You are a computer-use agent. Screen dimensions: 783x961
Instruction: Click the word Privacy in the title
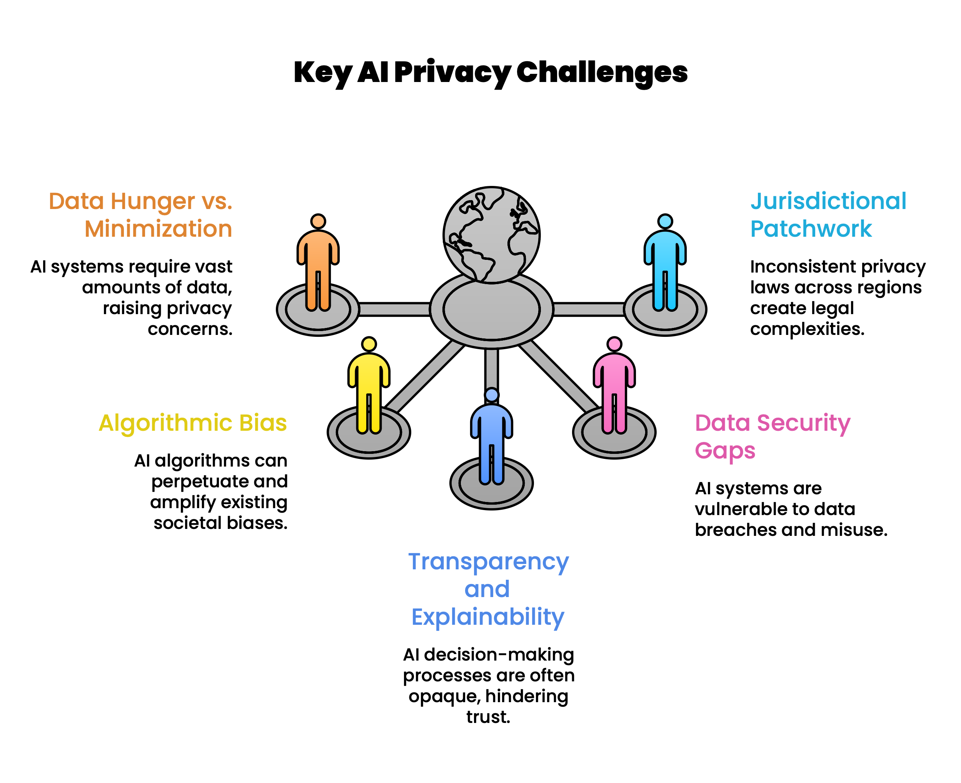click(x=452, y=72)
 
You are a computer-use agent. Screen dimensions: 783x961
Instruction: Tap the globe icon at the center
click(x=491, y=235)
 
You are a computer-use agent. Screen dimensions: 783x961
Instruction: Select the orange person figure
click(x=318, y=266)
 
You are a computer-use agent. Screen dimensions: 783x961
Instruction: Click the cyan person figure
click(x=665, y=266)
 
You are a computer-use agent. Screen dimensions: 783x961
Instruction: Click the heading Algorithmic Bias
click(x=192, y=423)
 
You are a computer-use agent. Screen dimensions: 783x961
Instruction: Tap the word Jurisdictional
click(x=828, y=201)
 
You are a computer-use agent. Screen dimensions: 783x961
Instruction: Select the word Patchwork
click(x=811, y=229)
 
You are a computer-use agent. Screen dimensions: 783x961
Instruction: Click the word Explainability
click(x=488, y=617)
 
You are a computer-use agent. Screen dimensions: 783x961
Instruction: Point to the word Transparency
click(x=488, y=562)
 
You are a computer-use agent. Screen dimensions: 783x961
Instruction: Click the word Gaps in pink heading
click(x=725, y=450)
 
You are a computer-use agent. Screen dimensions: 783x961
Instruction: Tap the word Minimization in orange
click(x=158, y=229)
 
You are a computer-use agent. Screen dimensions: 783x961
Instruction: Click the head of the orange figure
click(x=318, y=221)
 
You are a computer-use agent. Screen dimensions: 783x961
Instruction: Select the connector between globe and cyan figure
click(x=588, y=310)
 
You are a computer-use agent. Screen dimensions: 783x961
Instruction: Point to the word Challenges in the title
click(x=602, y=72)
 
